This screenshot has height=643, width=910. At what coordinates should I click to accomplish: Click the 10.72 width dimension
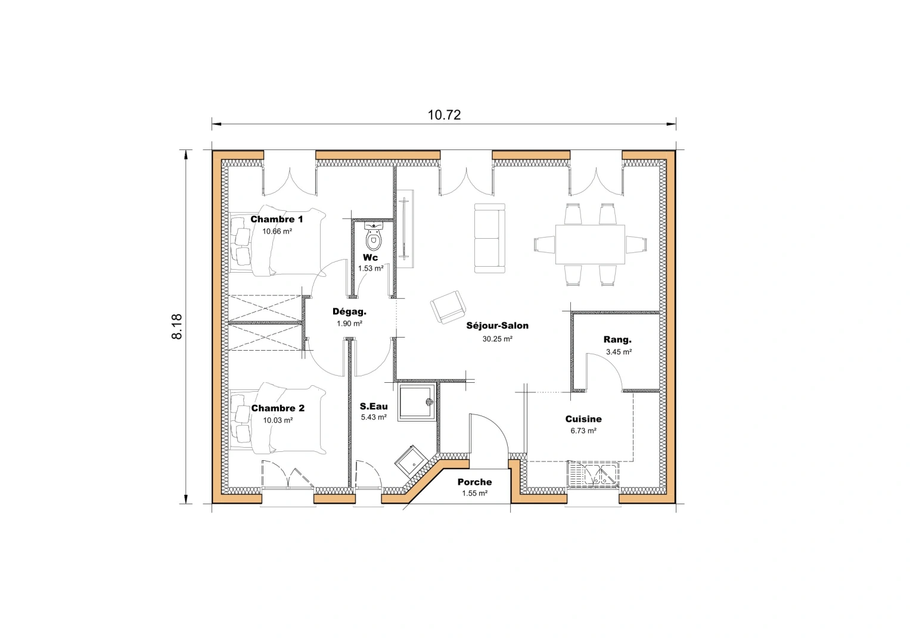(x=444, y=115)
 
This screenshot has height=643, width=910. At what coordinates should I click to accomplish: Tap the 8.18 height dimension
(x=177, y=326)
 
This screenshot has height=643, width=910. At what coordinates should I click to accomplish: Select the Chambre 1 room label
(x=277, y=219)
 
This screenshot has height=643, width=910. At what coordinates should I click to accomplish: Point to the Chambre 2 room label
(x=278, y=408)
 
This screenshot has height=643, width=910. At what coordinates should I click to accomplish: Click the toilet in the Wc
(x=374, y=237)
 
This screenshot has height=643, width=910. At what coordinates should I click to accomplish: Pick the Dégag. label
(x=349, y=311)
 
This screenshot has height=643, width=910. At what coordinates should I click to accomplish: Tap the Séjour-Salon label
(x=497, y=326)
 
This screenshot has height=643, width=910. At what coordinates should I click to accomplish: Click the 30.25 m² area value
(x=497, y=339)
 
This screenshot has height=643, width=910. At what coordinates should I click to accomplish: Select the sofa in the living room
(x=490, y=238)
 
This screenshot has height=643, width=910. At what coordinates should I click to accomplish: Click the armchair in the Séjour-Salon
(x=448, y=307)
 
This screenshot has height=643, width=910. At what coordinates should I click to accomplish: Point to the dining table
(x=590, y=244)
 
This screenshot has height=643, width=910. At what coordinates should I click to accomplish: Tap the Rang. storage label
(x=617, y=339)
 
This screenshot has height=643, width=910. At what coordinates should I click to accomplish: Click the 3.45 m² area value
(x=619, y=352)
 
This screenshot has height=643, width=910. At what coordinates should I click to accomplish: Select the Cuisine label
(x=583, y=419)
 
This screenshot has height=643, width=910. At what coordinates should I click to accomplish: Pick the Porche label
(x=474, y=482)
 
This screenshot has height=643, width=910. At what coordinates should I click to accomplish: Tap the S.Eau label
(x=374, y=407)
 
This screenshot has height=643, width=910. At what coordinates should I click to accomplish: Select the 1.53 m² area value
(x=371, y=269)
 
